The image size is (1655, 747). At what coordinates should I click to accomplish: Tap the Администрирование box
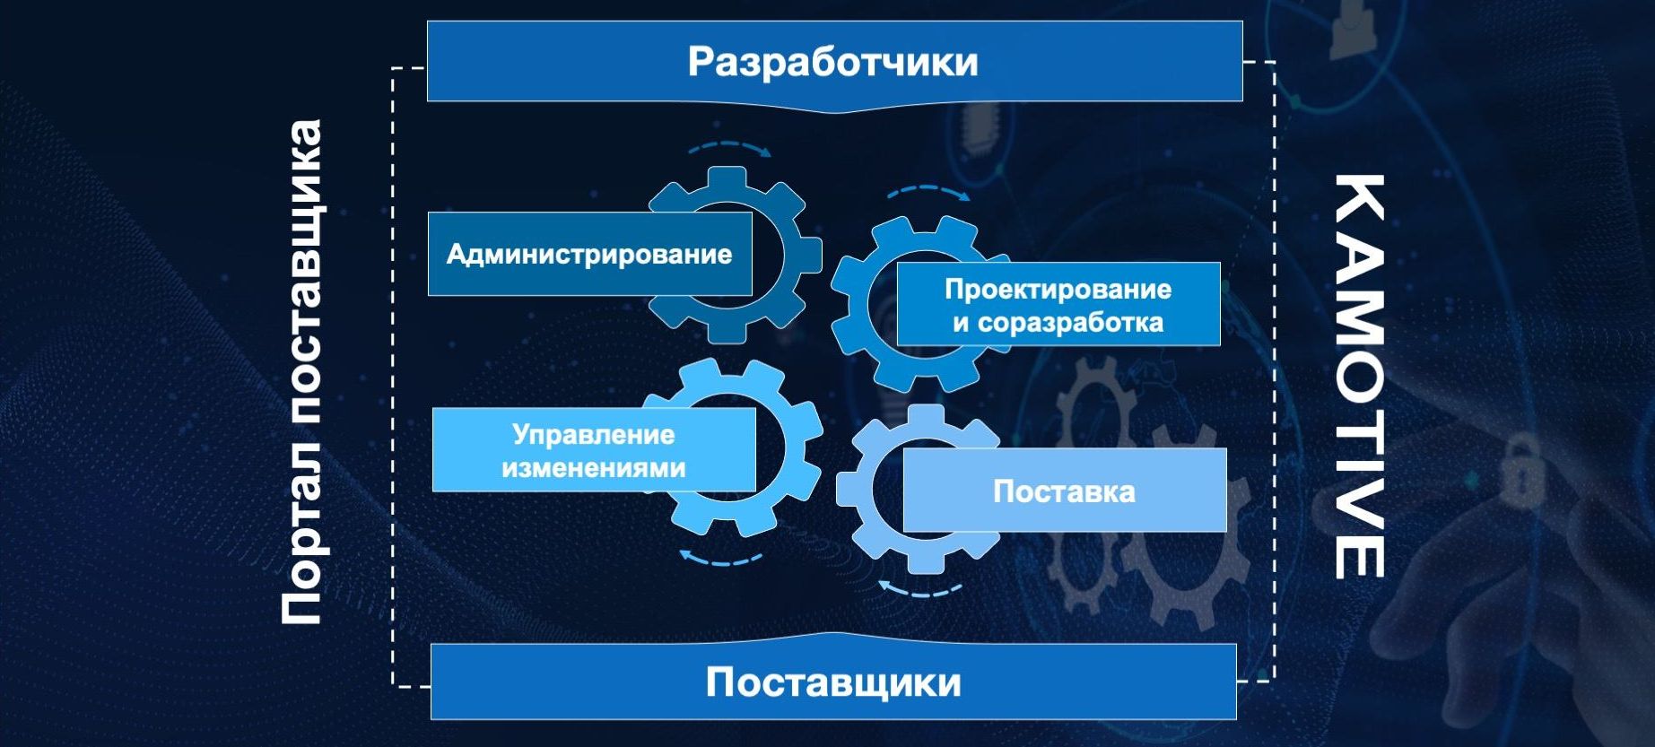point(589,254)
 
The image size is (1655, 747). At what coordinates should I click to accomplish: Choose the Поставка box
point(1065,491)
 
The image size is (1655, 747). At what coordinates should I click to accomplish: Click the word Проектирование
point(1058,289)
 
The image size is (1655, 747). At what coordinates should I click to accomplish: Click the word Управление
point(594,435)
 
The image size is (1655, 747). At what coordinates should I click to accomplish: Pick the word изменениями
point(594,467)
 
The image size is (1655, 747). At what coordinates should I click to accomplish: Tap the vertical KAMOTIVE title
point(1358,377)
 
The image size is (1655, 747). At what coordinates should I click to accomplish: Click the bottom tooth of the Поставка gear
point(924,562)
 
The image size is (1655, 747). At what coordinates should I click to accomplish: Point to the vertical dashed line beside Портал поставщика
point(393,377)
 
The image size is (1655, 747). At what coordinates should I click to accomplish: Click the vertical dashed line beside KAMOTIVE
point(1274,371)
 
